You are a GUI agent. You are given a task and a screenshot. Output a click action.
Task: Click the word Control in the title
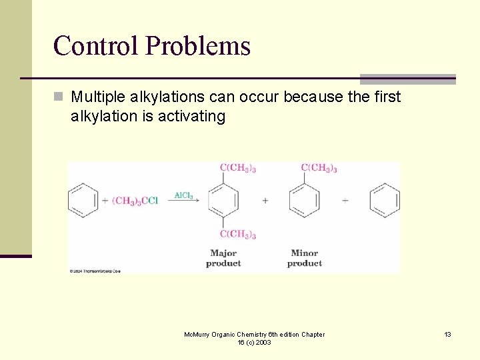click(x=96, y=46)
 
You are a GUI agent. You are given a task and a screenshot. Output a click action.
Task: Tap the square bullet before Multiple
click(x=60, y=97)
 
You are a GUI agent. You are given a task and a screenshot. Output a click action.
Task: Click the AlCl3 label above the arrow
click(x=183, y=195)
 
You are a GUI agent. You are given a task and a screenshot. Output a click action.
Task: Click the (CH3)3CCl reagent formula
click(x=135, y=201)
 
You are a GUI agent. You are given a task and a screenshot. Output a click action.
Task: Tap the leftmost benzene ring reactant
click(x=83, y=200)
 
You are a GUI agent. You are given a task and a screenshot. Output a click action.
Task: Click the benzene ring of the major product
click(x=223, y=200)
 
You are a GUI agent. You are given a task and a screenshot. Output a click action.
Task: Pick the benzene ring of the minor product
click(x=304, y=200)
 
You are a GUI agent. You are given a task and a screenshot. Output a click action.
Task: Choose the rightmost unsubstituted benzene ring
click(x=385, y=200)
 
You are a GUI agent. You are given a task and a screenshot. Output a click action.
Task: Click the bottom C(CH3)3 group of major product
click(x=238, y=234)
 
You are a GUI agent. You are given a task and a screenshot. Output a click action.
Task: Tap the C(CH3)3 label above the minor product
click(x=319, y=168)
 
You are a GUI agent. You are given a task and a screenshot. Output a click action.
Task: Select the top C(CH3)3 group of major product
click(x=238, y=168)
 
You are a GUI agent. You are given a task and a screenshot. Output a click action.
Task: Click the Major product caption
click(x=223, y=258)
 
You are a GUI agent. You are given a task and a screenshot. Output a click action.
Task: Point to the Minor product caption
click(x=304, y=258)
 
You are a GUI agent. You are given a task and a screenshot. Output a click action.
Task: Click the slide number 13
click(x=448, y=334)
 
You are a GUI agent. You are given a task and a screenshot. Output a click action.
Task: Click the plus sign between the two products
click(x=265, y=200)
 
